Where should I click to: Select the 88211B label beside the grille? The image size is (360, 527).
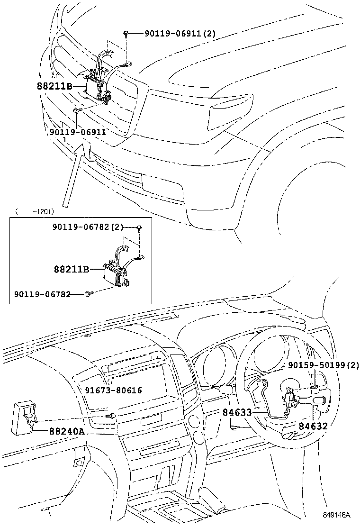point(54,87)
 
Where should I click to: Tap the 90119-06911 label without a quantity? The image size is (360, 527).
point(77,132)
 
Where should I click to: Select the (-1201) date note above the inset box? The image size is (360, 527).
point(34,211)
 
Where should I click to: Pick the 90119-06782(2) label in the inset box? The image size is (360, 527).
point(88,228)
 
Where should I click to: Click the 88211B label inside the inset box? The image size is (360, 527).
point(71,269)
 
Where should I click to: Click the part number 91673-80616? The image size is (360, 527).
point(114,390)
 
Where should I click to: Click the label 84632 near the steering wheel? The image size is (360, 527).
point(313,427)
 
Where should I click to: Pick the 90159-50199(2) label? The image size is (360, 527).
point(324,365)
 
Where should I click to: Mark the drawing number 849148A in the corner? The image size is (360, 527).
point(336,515)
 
